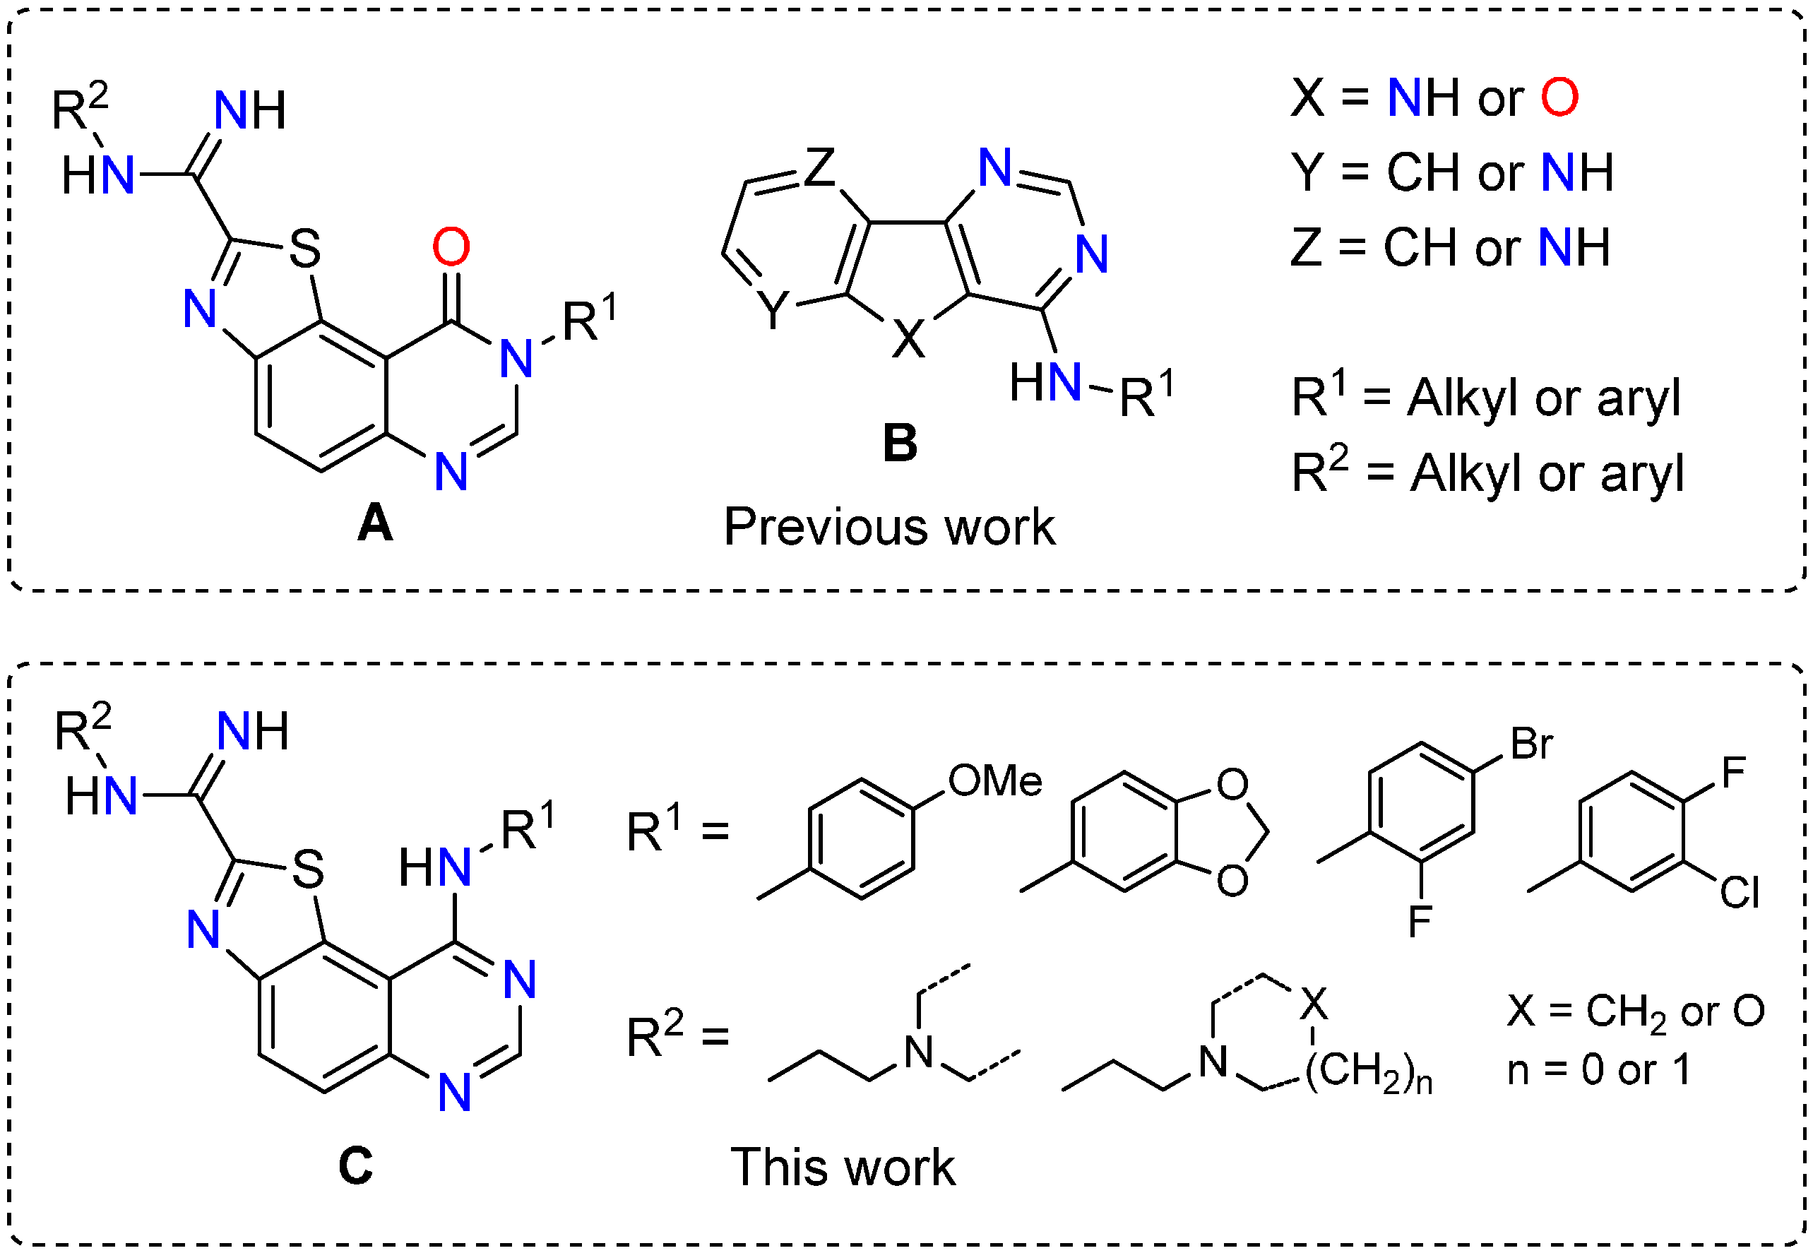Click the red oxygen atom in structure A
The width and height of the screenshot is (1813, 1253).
[451, 247]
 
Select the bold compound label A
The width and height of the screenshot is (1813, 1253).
[374, 523]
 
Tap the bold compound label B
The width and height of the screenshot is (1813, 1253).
[899, 443]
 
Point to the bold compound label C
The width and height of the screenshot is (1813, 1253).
[355, 1165]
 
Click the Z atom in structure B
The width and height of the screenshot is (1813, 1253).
[819, 167]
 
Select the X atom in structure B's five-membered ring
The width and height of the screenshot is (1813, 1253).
[908, 340]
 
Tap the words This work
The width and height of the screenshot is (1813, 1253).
[843, 1167]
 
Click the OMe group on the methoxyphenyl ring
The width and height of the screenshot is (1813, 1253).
[994, 780]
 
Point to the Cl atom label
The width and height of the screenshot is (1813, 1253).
[1740, 893]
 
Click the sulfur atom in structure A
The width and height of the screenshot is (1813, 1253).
[304, 249]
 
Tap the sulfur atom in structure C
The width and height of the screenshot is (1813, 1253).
[308, 869]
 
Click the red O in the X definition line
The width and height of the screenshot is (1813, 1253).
[1559, 98]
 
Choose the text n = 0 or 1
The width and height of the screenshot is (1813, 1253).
[1599, 1069]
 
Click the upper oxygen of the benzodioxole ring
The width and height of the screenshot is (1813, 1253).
[1232, 783]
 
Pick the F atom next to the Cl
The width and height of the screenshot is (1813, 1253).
[1733, 773]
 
